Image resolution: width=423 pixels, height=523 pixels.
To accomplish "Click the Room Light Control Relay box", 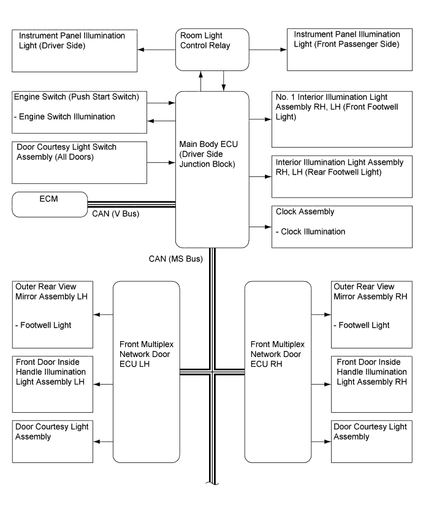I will pos(213,50).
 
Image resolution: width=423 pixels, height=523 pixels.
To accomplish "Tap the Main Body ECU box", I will pos(212,169).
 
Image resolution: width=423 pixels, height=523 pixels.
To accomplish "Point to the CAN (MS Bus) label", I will pos(176,258).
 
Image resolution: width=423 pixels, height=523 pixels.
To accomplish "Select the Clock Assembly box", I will pos(341,226).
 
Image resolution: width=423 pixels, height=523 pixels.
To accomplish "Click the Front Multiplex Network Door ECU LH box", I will pos(147,371).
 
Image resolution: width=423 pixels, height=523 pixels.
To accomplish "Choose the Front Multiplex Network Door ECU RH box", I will pos(277,371).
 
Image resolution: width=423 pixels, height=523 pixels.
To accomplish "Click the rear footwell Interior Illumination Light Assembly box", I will pos(341,176).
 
